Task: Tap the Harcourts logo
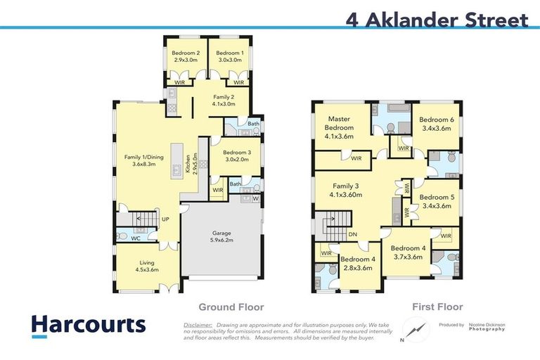pyautogui.click(x=88, y=325)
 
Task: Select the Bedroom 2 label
pyautogui.click(x=186, y=57)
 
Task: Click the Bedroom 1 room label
pyautogui.click(x=230, y=57)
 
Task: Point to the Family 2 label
pyautogui.click(x=223, y=100)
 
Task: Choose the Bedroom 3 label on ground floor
pyautogui.click(x=236, y=155)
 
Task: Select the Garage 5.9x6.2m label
pyautogui.click(x=221, y=236)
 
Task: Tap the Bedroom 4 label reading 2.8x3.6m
pyautogui.click(x=357, y=263)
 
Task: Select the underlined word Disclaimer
pyautogui.click(x=198, y=326)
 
